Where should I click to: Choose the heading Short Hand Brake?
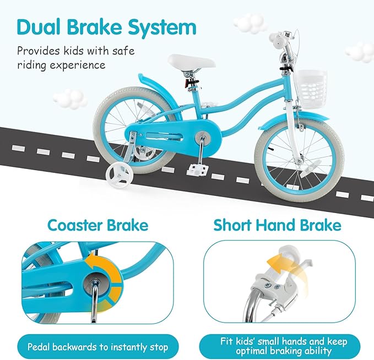click(277, 225)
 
